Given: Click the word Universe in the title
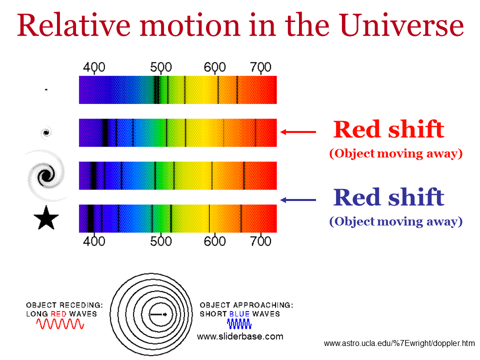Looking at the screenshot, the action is tap(401, 25).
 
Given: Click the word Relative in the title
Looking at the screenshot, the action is tap(74, 25).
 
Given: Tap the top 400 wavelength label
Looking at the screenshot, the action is tap(94, 67).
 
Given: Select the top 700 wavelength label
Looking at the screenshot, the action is tap(260, 67).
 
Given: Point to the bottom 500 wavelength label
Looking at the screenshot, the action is tap(160, 241).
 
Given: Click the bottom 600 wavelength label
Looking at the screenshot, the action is tap(214, 241).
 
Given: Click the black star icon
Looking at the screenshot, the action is tap(46, 217).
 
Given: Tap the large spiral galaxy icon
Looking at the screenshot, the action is tap(46, 175).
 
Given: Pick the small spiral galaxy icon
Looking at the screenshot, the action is tap(46, 132).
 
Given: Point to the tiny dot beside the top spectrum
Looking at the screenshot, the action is tap(46, 89).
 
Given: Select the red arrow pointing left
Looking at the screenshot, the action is tap(298, 132).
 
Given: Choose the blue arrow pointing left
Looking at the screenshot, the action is tap(298, 200).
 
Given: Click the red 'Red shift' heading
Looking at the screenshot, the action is tap(389, 129).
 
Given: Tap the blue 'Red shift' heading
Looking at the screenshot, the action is tap(389, 197).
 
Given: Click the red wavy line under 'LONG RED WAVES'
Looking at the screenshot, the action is tap(60, 323).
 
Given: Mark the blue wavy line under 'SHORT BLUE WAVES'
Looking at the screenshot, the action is tap(239, 323).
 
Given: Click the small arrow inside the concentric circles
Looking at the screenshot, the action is tap(158, 314).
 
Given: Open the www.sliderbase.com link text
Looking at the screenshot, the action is tap(240, 336).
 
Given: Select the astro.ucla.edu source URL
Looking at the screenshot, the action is tap(399, 343).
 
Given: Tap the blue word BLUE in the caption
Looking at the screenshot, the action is tap(239, 314).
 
